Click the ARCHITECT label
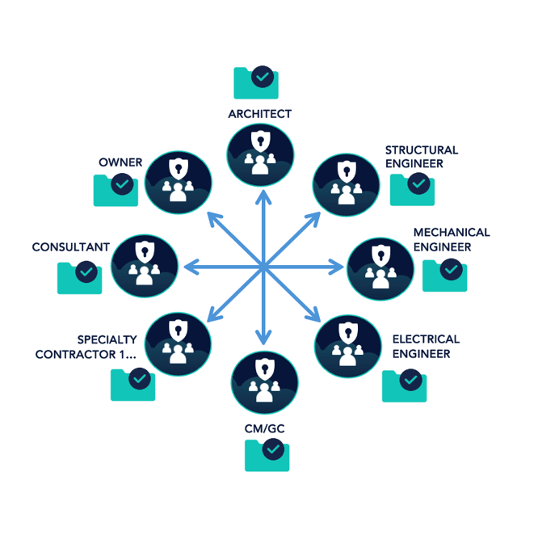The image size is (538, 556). [x=259, y=114]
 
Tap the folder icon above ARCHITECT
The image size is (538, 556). [x=256, y=82]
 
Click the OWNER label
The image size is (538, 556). [x=120, y=162]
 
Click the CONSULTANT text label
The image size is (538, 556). [x=70, y=246]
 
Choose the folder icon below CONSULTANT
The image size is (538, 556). [x=80, y=276]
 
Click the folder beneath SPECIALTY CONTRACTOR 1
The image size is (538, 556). [x=132, y=384]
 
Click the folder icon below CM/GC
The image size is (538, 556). [x=267, y=454]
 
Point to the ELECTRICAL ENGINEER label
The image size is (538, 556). [x=426, y=346]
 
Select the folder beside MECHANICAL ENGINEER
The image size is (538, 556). [x=444, y=275]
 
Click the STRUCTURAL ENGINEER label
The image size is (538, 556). [x=421, y=157]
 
